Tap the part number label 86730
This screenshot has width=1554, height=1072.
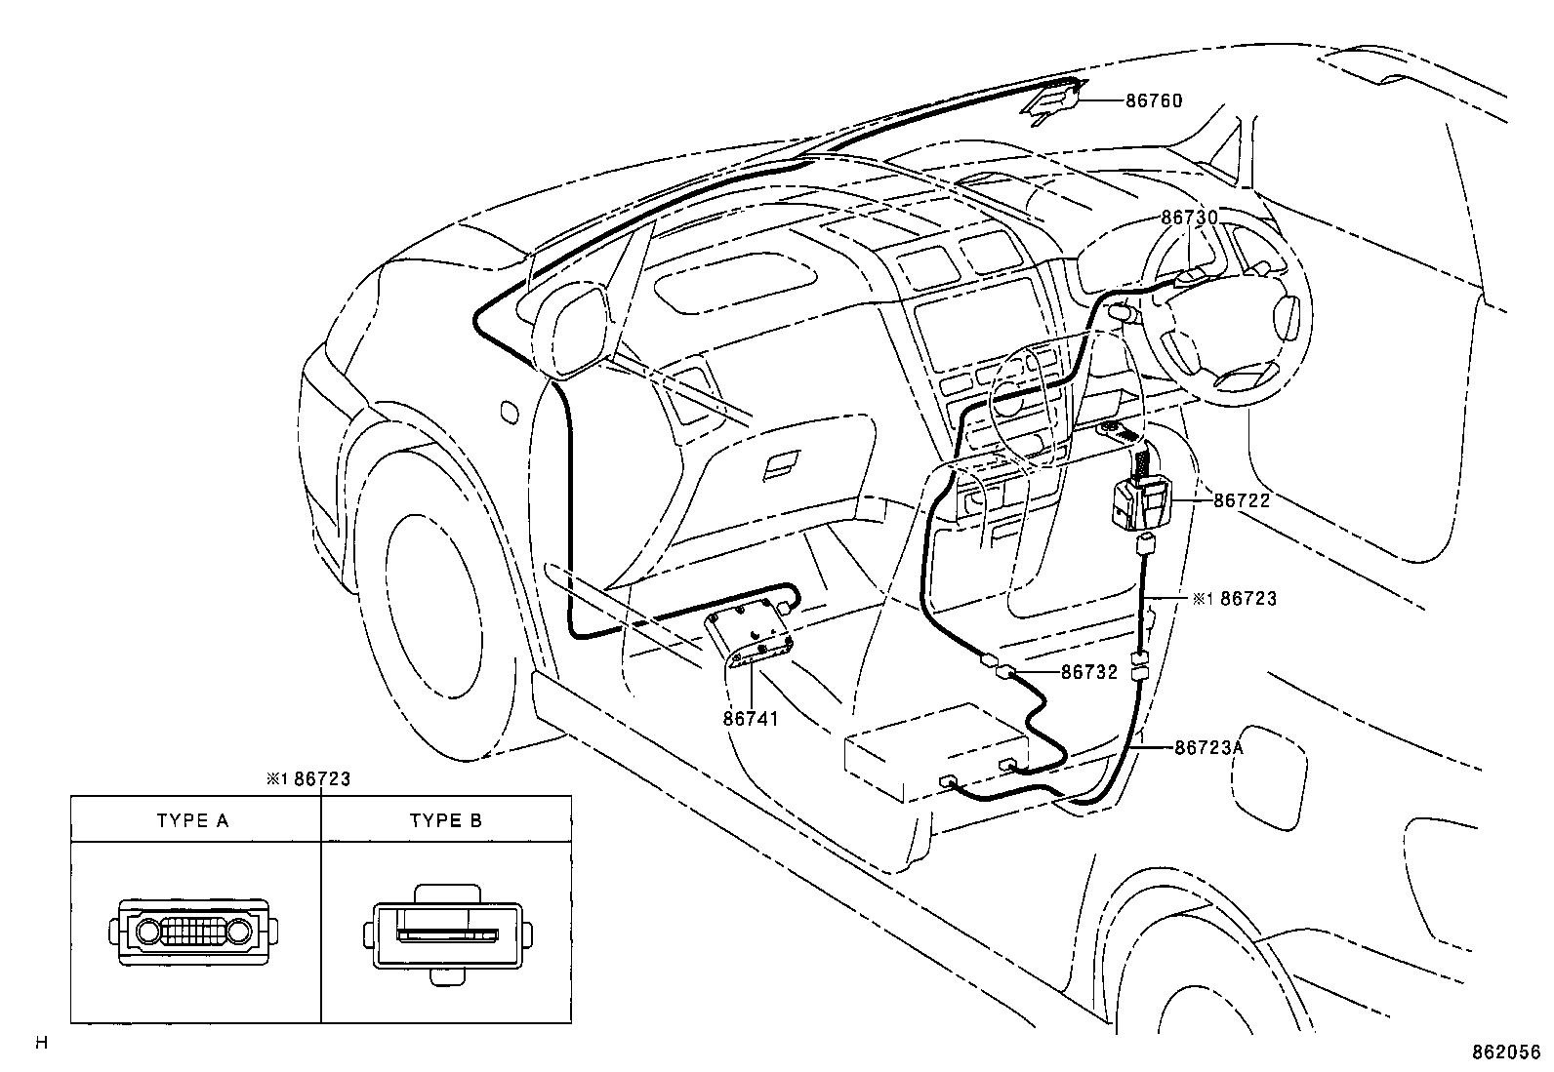click(x=1189, y=218)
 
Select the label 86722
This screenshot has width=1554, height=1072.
click(x=1242, y=500)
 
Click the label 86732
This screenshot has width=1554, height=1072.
click(x=1088, y=672)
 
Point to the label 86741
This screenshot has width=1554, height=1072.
click(x=751, y=719)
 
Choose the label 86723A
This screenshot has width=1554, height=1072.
click(x=1208, y=747)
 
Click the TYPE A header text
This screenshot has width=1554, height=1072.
click(x=193, y=820)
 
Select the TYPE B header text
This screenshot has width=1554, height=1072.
click(x=446, y=820)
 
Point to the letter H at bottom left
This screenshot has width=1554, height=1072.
click(x=41, y=1044)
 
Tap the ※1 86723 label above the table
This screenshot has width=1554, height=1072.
click(x=308, y=778)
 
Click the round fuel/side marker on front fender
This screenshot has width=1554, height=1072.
click(x=508, y=412)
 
